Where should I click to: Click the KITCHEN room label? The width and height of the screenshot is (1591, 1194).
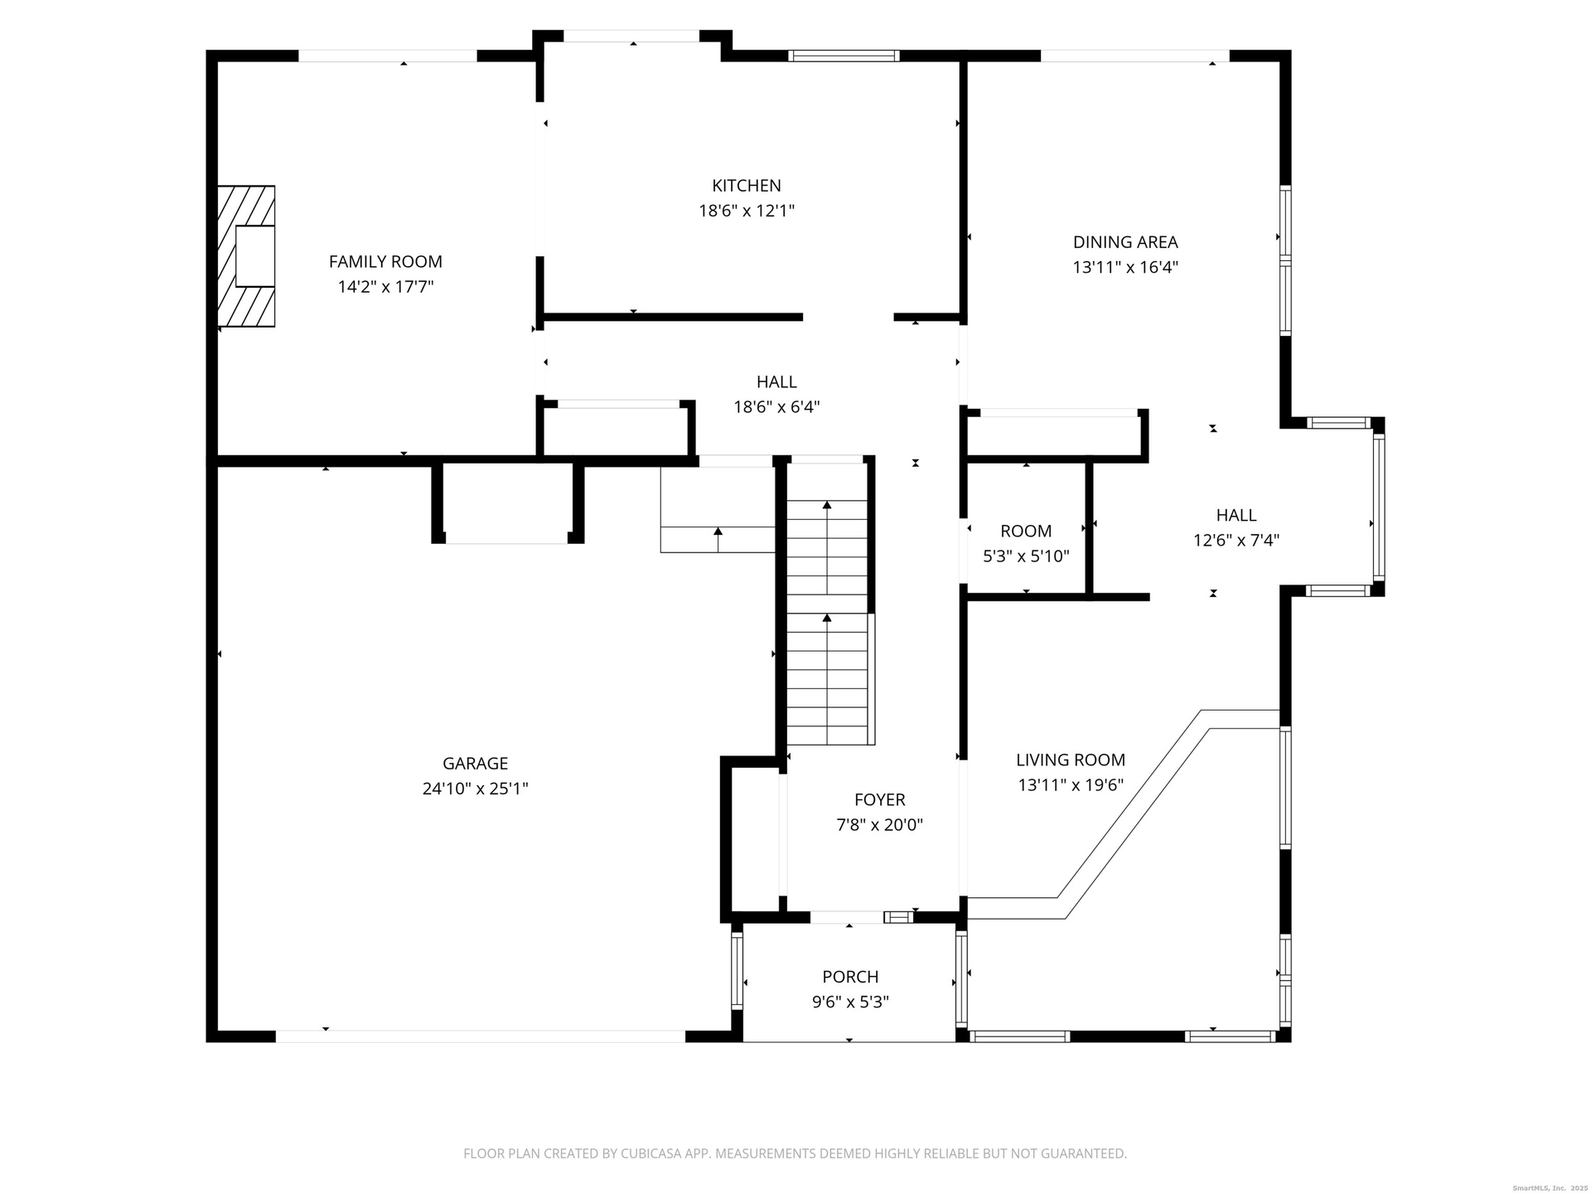point(747,186)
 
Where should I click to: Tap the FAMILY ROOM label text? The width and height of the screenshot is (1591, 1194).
point(385,262)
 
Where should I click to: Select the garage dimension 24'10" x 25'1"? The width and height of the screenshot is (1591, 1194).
point(475,789)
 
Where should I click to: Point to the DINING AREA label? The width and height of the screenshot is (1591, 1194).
point(1125,242)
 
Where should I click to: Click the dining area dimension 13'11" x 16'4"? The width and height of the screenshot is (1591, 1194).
point(1125,268)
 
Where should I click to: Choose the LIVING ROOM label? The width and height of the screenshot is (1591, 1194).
point(1071,760)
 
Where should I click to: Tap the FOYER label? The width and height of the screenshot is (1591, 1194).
point(880,799)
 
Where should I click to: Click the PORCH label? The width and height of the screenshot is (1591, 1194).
point(850,977)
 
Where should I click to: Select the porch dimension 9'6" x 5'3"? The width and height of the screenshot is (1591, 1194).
point(850,1002)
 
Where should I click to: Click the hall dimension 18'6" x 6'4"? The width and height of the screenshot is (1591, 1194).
point(776,407)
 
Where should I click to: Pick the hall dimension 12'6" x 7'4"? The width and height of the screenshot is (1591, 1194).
point(1236,541)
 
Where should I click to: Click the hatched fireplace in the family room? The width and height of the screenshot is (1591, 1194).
point(246,256)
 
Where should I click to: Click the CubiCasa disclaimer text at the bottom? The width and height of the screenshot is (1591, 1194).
point(795,1153)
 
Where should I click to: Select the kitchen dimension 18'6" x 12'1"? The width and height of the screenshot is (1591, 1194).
point(747,211)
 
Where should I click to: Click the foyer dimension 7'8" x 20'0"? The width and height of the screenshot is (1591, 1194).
point(880,825)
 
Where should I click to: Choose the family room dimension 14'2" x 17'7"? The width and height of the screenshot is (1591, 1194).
point(385,288)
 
